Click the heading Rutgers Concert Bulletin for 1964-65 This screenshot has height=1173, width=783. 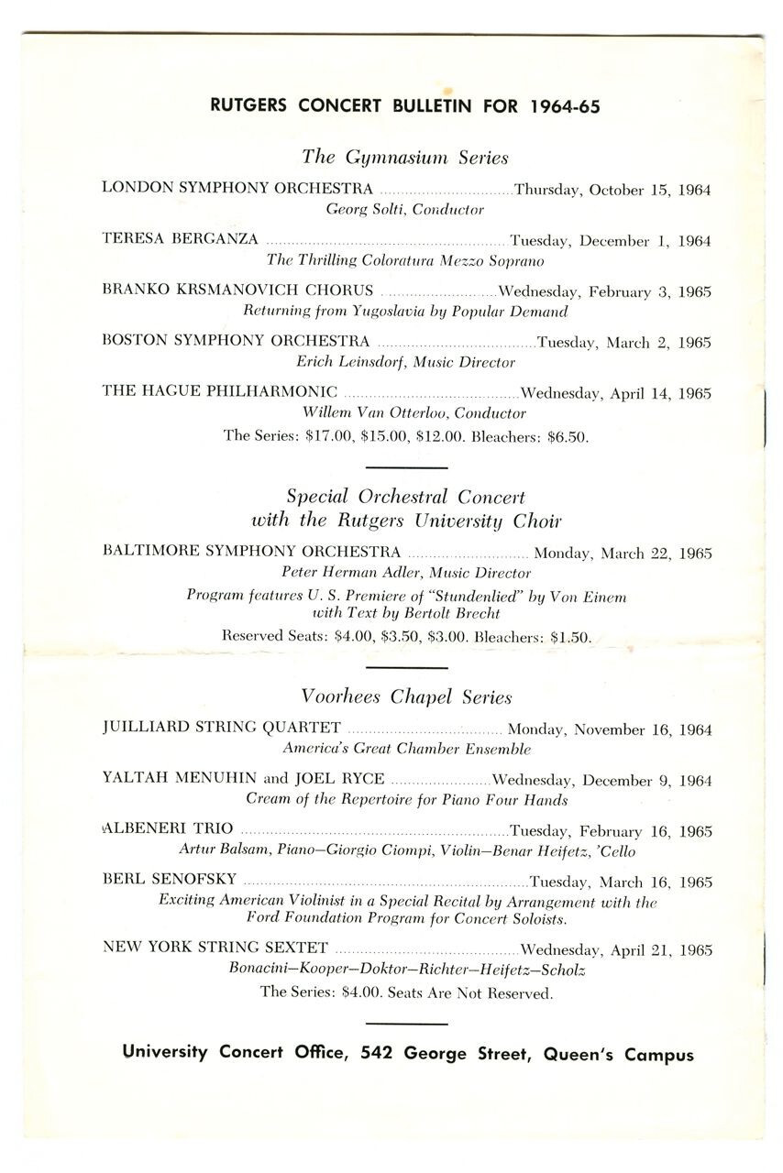tap(404, 105)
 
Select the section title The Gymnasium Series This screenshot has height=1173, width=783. tap(404, 157)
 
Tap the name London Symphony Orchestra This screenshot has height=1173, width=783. tap(237, 189)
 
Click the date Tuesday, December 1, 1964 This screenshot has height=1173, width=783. tap(610, 241)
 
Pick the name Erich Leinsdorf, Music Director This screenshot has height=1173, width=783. tap(405, 362)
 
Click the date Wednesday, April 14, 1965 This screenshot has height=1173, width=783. tap(615, 393)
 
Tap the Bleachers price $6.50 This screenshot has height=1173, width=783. tap(567, 437)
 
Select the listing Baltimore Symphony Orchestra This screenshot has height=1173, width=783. tap(251, 553)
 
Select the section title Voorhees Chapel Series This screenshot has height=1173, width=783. tap(405, 696)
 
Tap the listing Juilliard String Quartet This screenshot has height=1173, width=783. tap(222, 729)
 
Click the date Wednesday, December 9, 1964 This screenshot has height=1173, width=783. tap(601, 781)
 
